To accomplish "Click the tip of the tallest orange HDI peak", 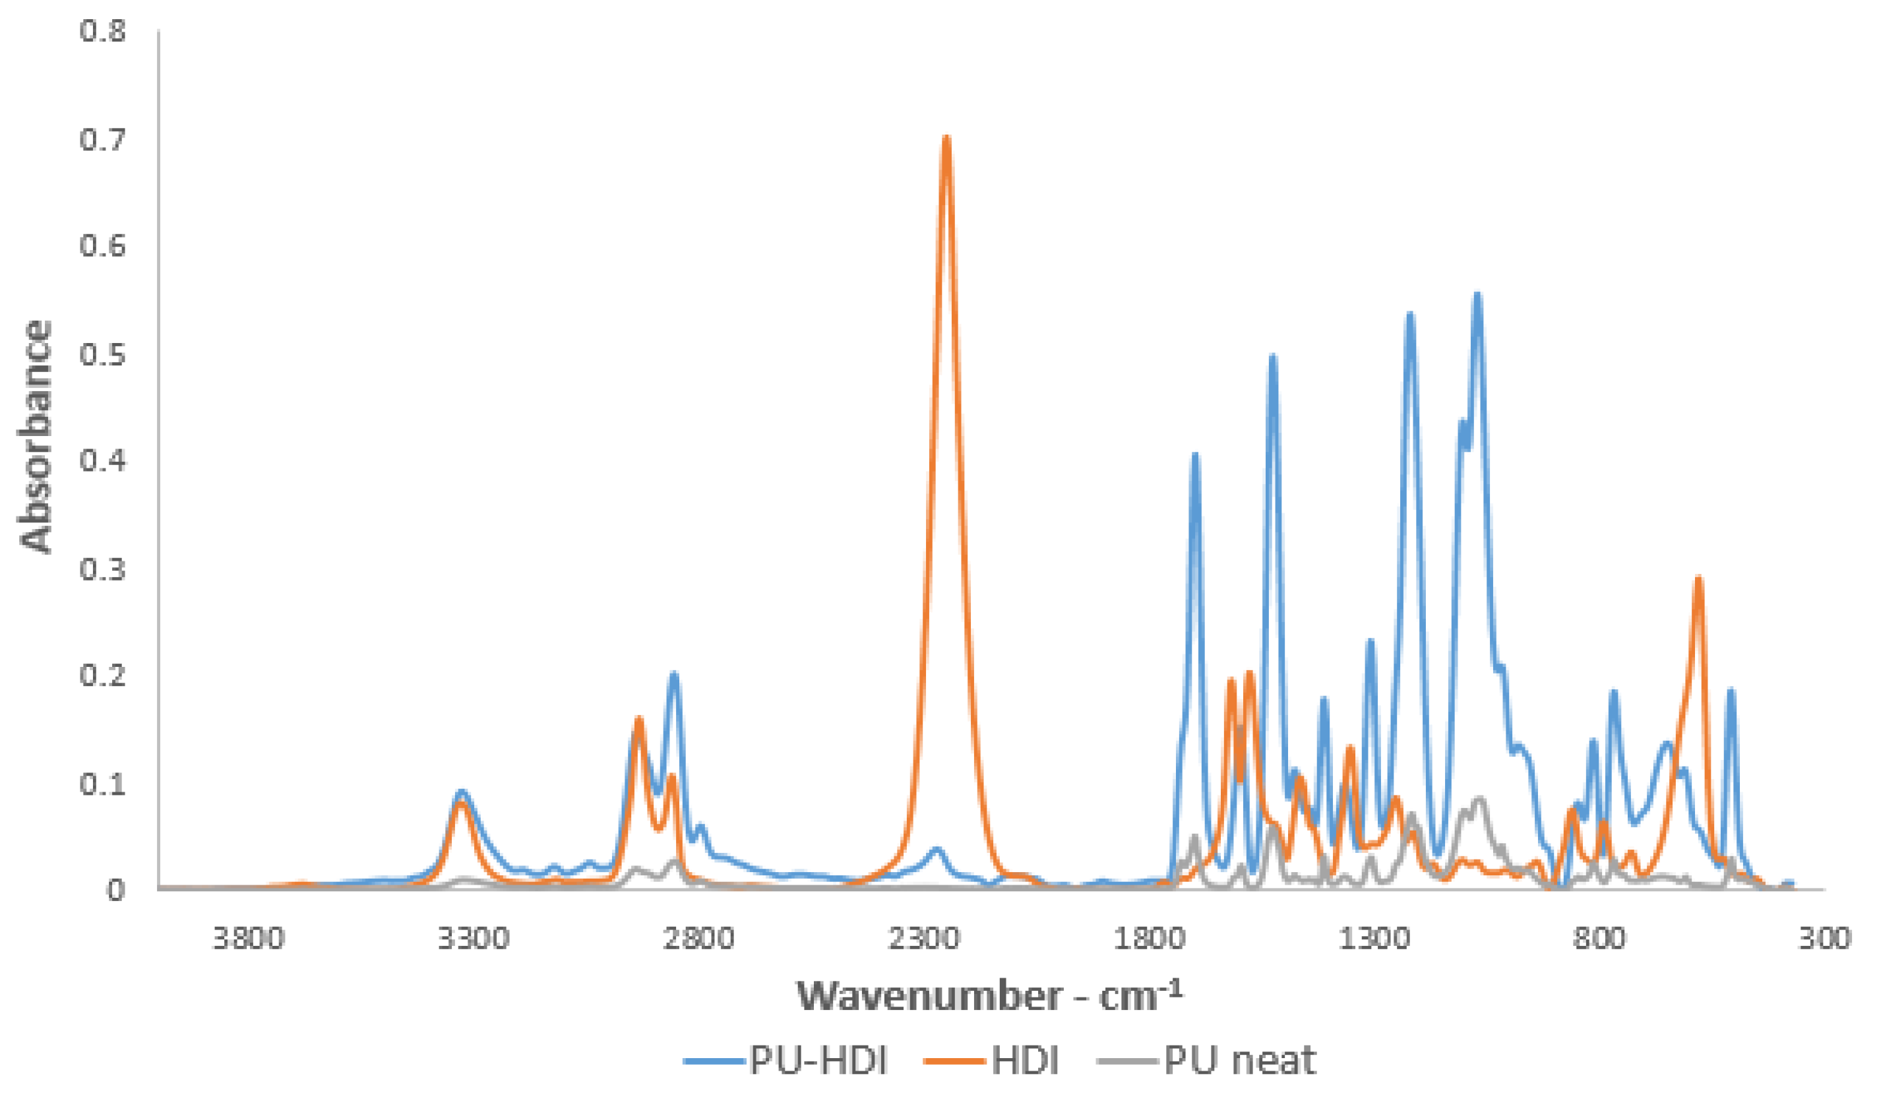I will [946, 137].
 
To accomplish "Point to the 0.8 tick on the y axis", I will [103, 31].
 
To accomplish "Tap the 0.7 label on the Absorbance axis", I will [103, 139].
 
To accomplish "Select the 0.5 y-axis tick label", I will [103, 354].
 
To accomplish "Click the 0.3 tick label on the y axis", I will [103, 568].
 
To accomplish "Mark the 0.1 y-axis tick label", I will [103, 783].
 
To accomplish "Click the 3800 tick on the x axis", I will [248, 937].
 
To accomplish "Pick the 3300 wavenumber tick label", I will [474, 937].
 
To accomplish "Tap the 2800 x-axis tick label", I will [698, 937].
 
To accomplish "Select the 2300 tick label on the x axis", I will [924, 937].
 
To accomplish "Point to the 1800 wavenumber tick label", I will [1149, 937].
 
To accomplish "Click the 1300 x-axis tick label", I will [1374, 937].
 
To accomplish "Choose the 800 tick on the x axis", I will [1599, 937].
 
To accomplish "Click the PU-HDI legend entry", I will [787, 1059].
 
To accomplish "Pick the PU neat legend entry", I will [1208, 1059].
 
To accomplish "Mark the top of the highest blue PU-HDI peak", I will [1477, 296].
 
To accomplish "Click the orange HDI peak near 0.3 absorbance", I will [1698, 578].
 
